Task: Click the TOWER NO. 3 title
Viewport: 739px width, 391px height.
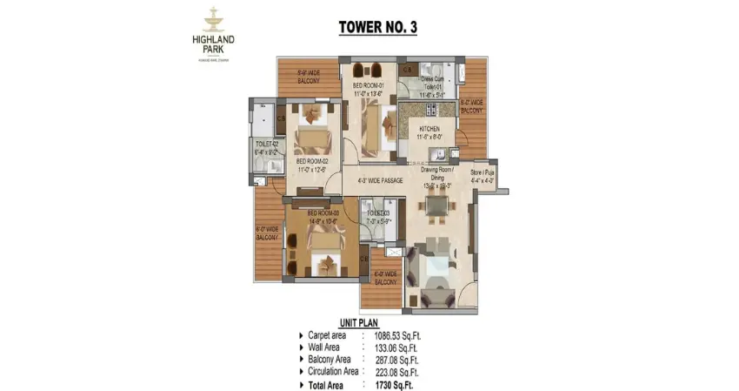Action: click(x=377, y=27)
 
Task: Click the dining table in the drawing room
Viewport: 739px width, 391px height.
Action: click(x=432, y=206)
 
